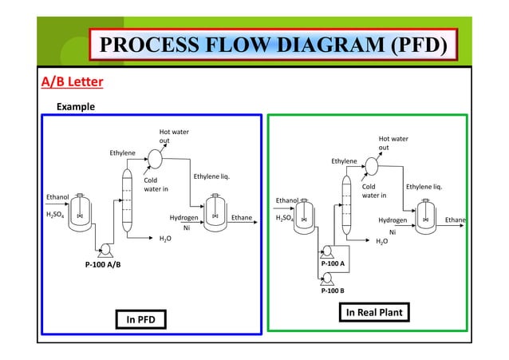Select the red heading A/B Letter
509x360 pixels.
72,81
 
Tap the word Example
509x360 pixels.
74,106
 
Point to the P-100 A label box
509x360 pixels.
333,263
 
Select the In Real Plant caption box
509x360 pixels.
374,313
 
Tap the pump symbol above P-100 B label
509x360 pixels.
327,277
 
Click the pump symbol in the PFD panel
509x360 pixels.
105,250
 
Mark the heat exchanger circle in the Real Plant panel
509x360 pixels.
372,165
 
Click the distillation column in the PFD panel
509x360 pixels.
125,200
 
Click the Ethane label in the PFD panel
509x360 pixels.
241,217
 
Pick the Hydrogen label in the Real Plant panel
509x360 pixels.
393,219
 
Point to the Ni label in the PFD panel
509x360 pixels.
186,227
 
